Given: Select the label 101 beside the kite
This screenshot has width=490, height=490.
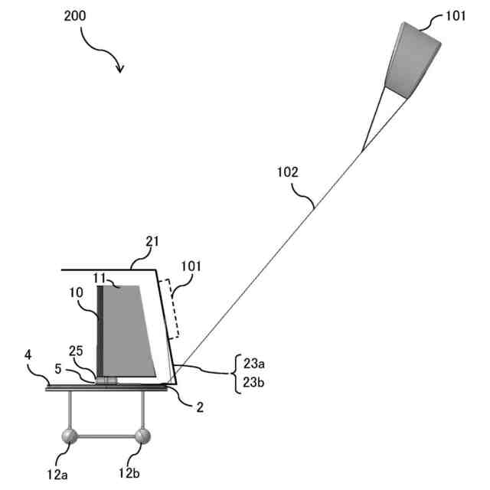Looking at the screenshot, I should [x=454, y=16].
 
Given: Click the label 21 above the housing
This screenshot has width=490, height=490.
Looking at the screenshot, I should [x=152, y=242].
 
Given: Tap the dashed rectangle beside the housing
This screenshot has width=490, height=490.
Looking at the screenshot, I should [x=172, y=308].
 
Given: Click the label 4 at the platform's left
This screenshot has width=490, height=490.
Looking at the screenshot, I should [x=28, y=354].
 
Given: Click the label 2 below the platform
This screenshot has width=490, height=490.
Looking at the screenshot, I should [x=199, y=407].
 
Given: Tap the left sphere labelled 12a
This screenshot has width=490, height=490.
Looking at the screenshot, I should [x=70, y=438].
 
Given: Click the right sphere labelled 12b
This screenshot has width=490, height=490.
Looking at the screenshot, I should [x=142, y=437].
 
